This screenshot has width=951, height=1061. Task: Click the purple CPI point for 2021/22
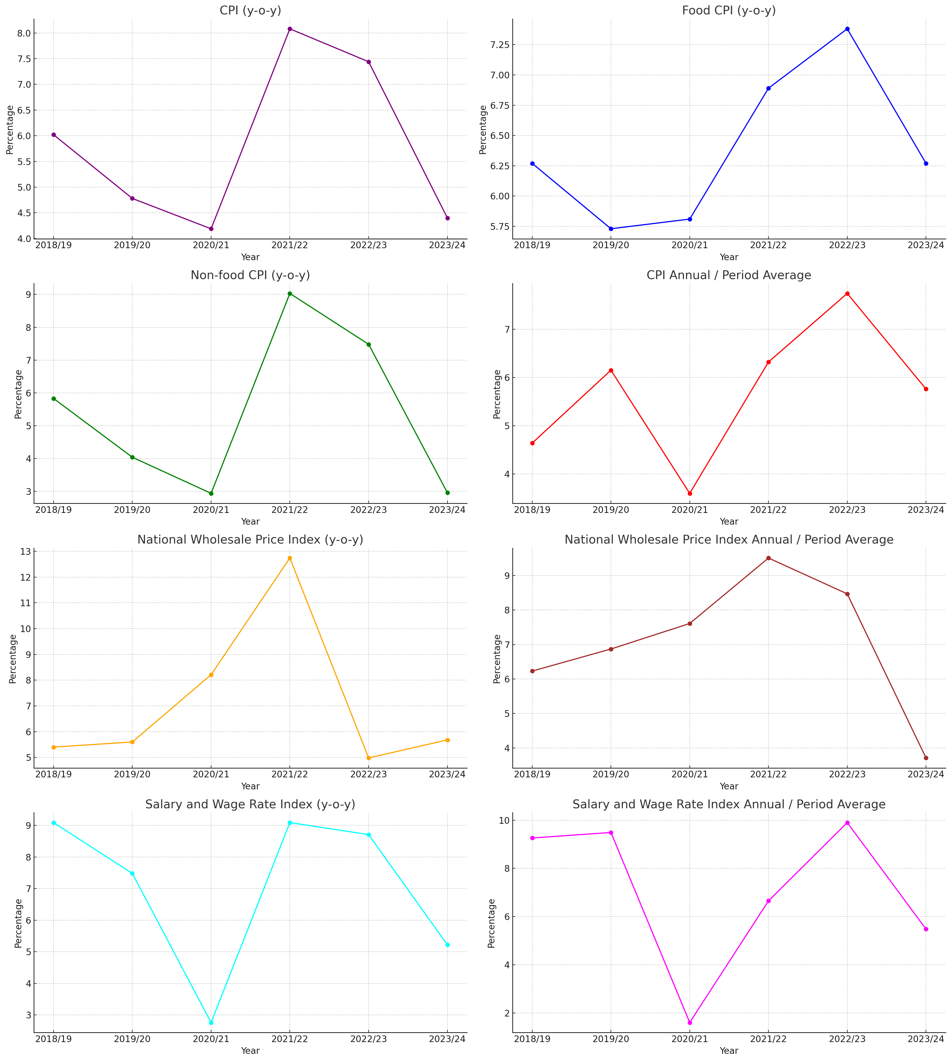(290, 29)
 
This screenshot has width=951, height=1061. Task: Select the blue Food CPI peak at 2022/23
(847, 29)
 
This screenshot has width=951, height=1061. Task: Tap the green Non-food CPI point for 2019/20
(132, 457)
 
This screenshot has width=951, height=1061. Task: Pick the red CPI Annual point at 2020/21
(690, 493)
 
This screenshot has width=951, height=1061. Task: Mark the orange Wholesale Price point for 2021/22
(290, 558)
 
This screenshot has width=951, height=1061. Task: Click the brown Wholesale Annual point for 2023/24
(926, 758)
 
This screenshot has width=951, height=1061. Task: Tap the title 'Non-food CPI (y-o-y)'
(250, 275)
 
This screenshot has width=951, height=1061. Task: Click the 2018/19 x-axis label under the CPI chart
(54, 246)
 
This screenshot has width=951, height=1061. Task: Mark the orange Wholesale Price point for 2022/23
(369, 758)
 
